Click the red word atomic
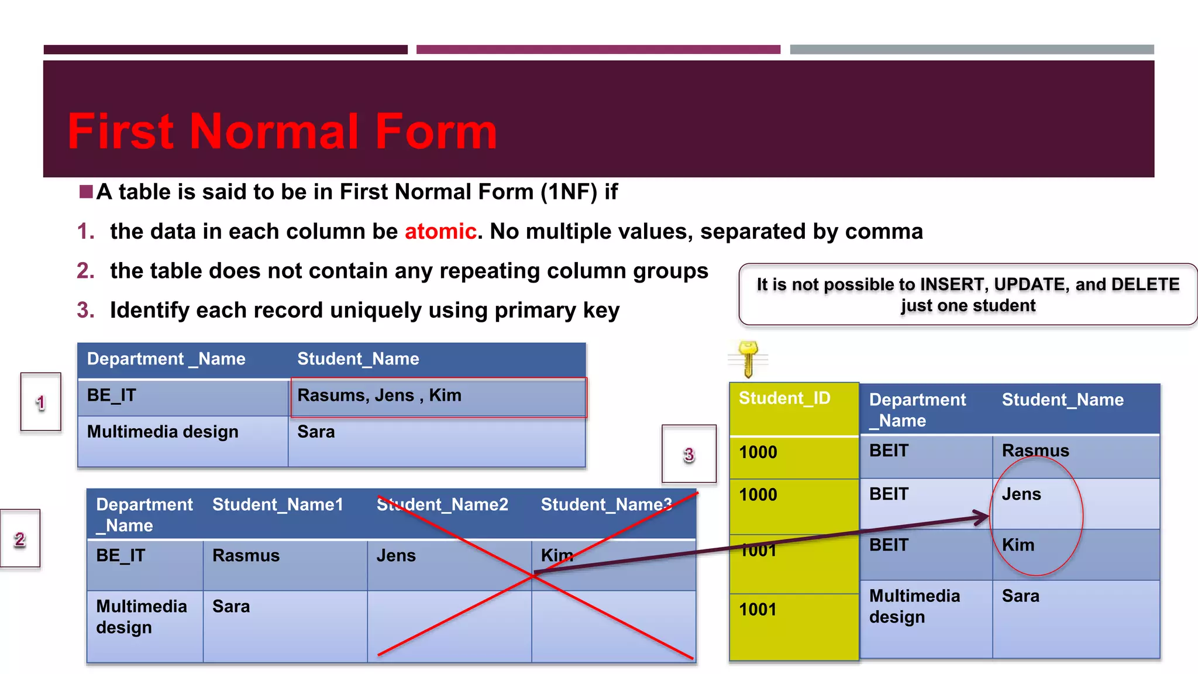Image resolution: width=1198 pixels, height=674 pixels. pos(440,232)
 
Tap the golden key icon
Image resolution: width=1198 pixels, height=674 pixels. pos(748,359)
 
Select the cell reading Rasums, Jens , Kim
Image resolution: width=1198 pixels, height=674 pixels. pos(379,396)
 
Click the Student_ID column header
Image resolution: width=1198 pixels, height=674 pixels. pos(784,398)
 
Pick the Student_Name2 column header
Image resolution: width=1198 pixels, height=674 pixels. pos(442,504)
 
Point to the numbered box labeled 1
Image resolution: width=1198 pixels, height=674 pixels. pos(41,402)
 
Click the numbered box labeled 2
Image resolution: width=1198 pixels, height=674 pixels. pos(20,538)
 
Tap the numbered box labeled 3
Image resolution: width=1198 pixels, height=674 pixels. pos(689,454)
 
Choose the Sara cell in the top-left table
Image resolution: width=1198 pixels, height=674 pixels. pos(316,432)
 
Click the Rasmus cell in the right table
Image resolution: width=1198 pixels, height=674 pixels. pos(1035,451)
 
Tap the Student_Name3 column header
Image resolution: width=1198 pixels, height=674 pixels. pos(606,504)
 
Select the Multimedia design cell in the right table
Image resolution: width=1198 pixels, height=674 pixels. pos(914,606)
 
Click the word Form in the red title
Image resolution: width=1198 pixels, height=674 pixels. pos(436,132)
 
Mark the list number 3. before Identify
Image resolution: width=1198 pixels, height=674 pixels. pos(85,310)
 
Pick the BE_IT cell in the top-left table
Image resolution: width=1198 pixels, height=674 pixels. pos(112,396)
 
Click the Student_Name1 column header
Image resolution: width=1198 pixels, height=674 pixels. pos(277,504)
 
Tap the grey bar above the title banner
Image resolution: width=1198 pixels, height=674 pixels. pos(972,50)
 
